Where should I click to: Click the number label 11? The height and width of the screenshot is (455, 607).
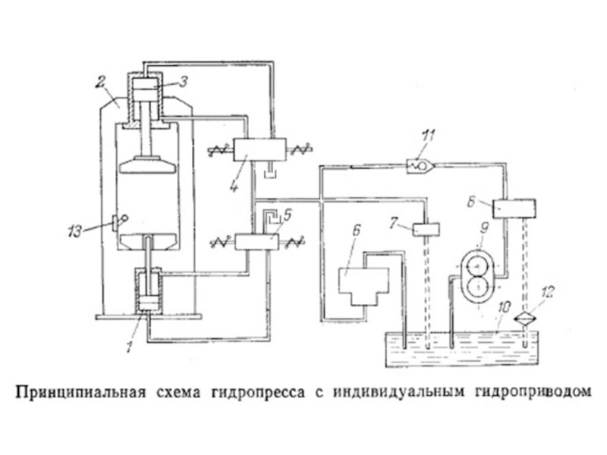tap(429, 137)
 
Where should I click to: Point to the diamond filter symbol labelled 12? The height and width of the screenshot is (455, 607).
tap(523, 318)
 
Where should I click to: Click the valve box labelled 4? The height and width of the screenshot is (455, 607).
tap(258, 149)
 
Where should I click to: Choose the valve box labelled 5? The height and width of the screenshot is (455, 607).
tap(258, 242)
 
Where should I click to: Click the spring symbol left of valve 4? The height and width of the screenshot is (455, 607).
tap(220, 149)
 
